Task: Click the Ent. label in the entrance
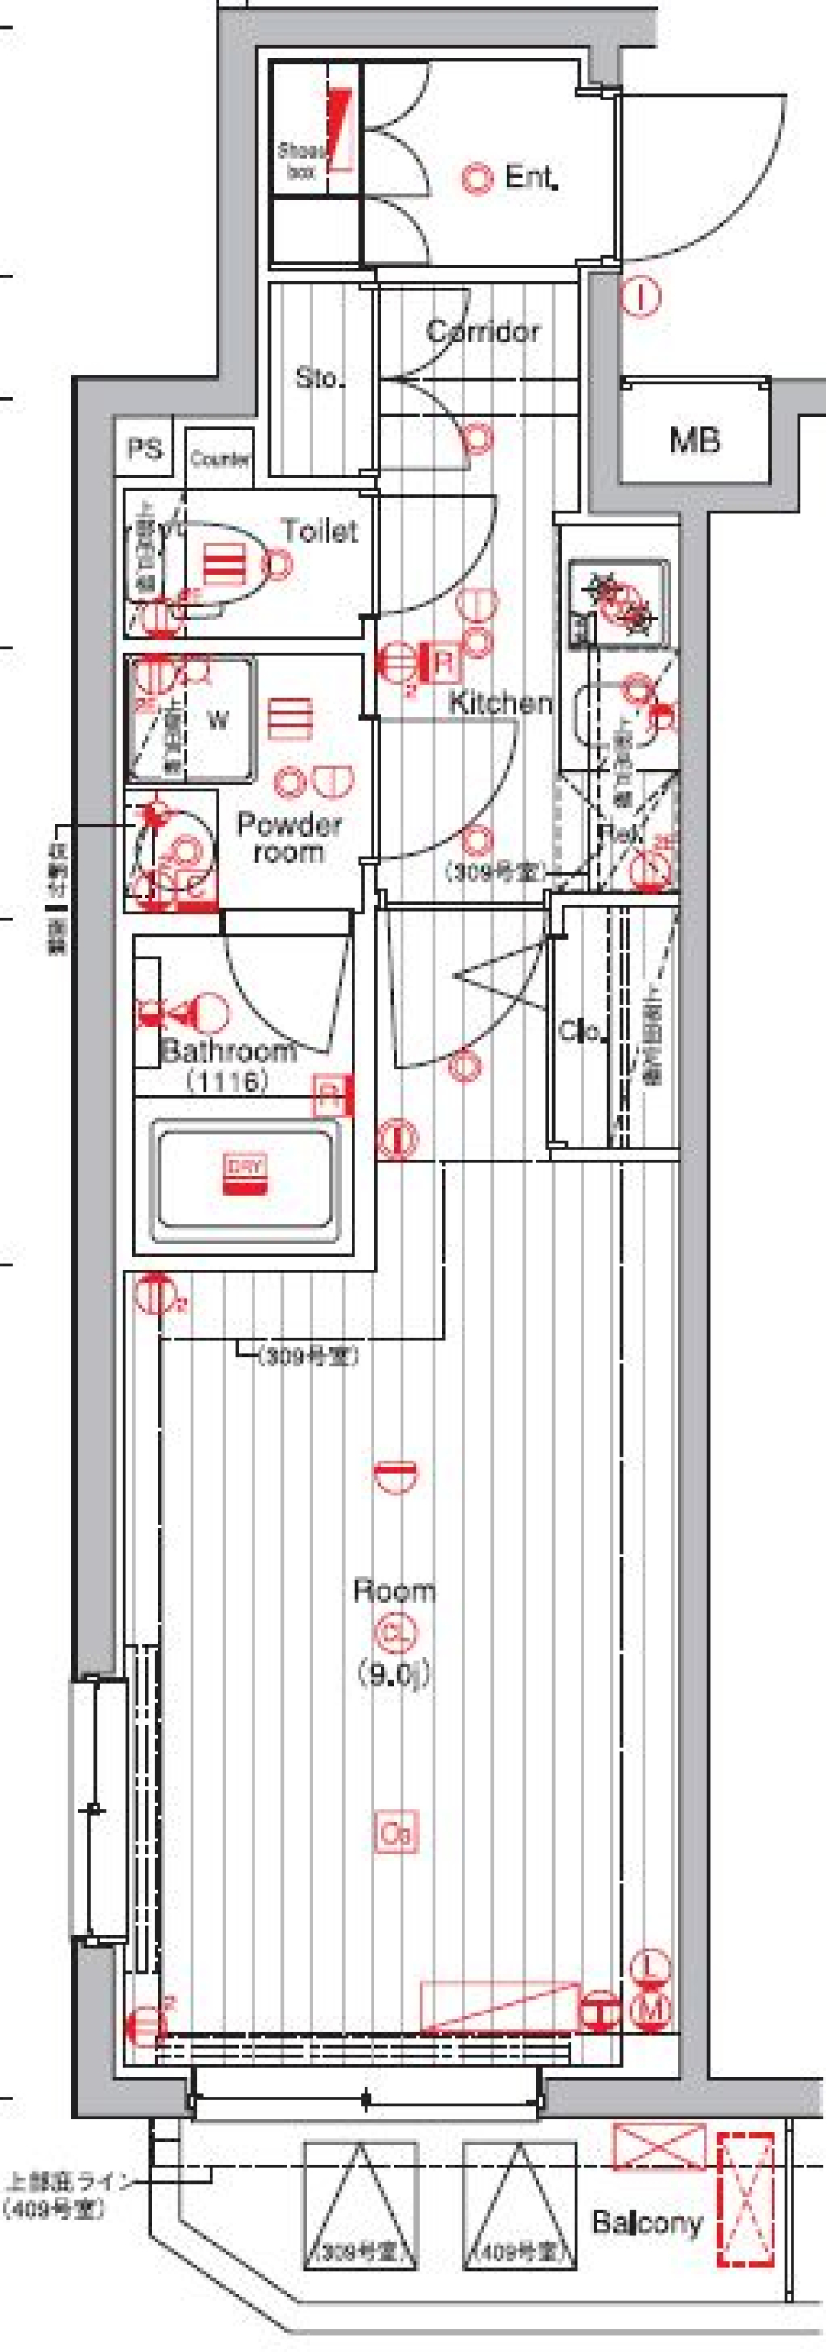pos(530,177)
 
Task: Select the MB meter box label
pos(695,442)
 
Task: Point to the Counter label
pos(220,458)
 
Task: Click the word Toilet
pos(320,531)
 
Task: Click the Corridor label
pos(482,331)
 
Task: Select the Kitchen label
pos(500,702)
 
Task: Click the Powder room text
pos(288,838)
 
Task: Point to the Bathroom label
pos(228,1050)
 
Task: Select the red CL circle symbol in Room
pos(394,1631)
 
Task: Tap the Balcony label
pos(647,2221)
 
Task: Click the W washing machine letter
pos(218,721)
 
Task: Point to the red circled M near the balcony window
pos(652,2009)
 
